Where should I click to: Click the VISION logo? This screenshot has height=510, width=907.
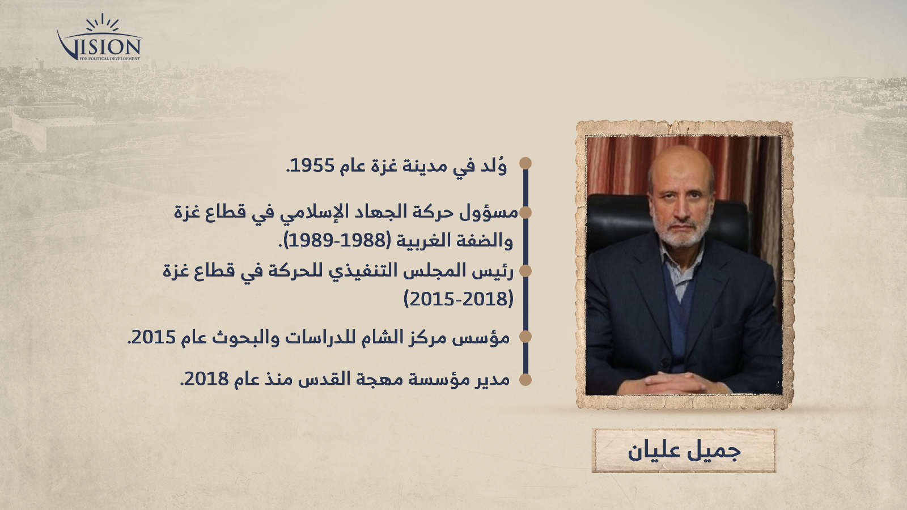pos(100,39)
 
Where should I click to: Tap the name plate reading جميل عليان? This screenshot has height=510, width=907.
pos(684,451)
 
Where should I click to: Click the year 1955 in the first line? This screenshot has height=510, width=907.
pos(313,166)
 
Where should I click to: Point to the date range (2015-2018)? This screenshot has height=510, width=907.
pos(459,299)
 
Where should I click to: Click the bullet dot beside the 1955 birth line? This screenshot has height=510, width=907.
pos(525,163)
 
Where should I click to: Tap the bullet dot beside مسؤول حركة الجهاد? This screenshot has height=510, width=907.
pos(525,212)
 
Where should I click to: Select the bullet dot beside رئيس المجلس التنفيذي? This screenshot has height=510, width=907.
pos(525,271)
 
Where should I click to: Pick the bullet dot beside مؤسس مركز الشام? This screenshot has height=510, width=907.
pos(525,337)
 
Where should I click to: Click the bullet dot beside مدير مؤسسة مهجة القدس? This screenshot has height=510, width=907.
pos(525,379)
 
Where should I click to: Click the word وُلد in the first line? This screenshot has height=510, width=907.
pos(494,165)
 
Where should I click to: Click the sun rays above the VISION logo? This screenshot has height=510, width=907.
pos(103,23)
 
